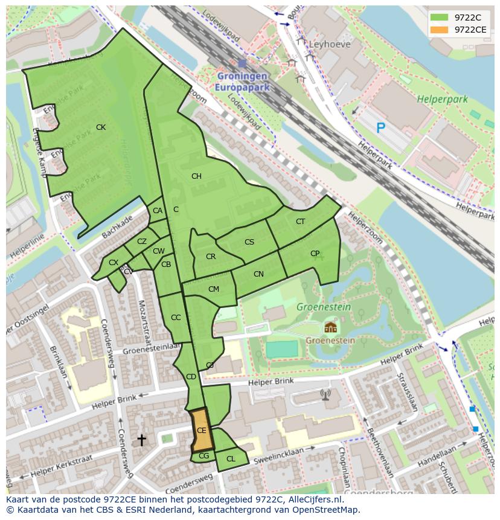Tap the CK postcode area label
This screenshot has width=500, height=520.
(101, 127)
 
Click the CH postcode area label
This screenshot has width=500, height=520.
(196, 176)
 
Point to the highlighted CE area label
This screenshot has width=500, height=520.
(202, 431)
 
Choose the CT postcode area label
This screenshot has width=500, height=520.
(300, 222)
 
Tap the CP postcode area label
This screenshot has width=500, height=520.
(315, 254)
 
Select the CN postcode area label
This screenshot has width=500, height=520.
(258, 274)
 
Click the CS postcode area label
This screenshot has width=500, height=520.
(249, 242)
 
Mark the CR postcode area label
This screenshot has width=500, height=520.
(211, 257)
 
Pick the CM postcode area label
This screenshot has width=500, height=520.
(213, 289)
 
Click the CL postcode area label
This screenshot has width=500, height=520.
(231, 459)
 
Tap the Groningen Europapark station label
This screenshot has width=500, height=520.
(242, 82)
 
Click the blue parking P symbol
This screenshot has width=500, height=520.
(380, 127)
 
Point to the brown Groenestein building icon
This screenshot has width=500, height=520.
(330, 327)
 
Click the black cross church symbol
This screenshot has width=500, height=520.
(141, 440)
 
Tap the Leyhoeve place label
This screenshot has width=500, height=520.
(330, 44)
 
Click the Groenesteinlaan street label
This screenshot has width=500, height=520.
(152, 350)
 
